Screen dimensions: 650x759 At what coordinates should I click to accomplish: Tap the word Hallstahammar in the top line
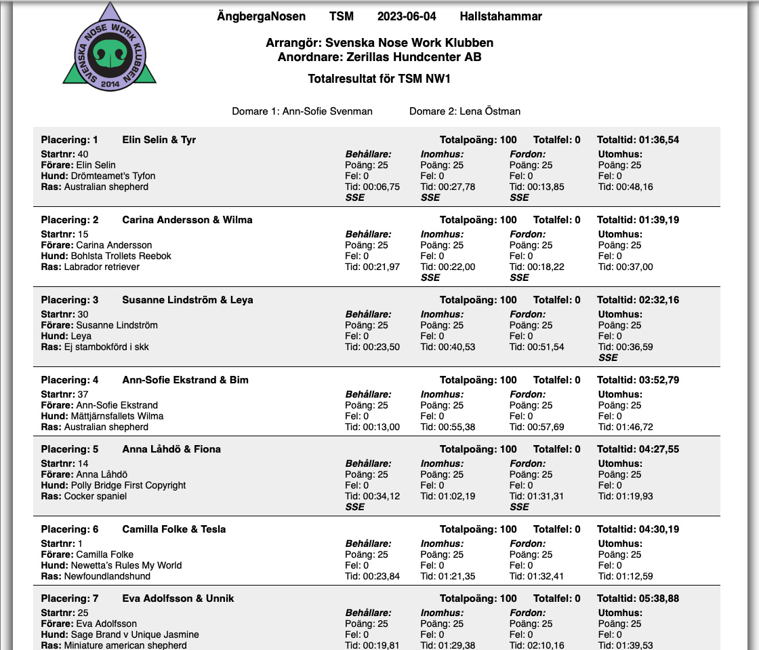click(501, 16)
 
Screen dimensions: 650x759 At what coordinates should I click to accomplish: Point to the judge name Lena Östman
click(489, 111)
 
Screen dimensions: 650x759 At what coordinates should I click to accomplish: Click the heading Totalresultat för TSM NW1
click(379, 79)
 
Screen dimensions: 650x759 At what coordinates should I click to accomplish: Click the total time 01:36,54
click(659, 140)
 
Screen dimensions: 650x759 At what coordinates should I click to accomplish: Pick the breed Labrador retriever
click(102, 267)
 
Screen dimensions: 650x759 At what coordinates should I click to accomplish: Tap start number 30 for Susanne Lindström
click(83, 314)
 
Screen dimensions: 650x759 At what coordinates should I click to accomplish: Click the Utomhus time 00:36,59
click(633, 347)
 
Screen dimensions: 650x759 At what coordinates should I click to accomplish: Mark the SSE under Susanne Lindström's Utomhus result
click(609, 358)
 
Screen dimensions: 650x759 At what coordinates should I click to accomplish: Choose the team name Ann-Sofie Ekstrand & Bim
click(185, 380)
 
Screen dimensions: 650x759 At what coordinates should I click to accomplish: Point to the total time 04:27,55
click(659, 449)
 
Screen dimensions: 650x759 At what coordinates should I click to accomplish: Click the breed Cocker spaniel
click(96, 496)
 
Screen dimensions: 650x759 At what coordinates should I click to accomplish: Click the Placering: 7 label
click(69, 598)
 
